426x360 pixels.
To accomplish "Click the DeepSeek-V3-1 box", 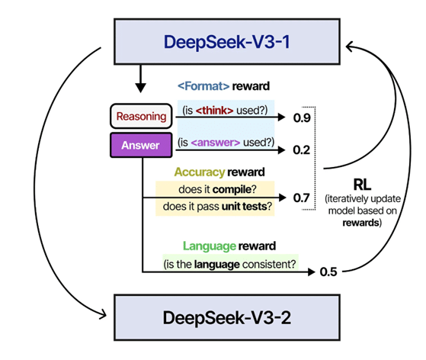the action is [x=227, y=42].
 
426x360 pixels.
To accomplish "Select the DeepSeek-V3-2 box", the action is [x=227, y=317].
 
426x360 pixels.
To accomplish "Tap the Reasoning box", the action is [x=141, y=116].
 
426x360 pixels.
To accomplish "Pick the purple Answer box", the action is [x=141, y=145].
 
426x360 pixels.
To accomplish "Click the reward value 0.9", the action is [x=302, y=117].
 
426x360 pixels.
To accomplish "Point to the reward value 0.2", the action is [x=302, y=149].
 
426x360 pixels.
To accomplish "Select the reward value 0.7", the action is [x=302, y=198].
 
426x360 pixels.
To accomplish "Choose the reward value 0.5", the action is [x=328, y=272].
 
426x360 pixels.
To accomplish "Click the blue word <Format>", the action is [x=203, y=86].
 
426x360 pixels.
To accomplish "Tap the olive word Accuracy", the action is [x=200, y=172].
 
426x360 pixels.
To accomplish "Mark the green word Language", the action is [x=210, y=246].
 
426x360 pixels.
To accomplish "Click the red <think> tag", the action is [x=214, y=111].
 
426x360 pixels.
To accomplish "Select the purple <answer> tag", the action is [x=216, y=142].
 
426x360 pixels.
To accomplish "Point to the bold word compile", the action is [x=232, y=189].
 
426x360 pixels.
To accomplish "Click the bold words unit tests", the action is [x=244, y=207].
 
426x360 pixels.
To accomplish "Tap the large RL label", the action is [x=363, y=185].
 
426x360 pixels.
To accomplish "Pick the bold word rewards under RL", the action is [x=360, y=223].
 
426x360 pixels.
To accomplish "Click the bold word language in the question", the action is [x=217, y=265].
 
